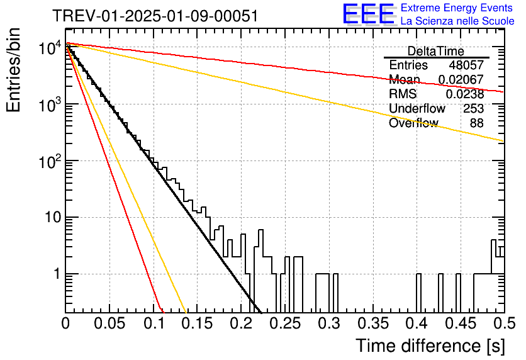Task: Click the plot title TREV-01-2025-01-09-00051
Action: pos(155,16)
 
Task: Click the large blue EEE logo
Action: pos(369,14)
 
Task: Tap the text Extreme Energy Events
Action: pos(457,8)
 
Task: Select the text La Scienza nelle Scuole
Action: pos(457,21)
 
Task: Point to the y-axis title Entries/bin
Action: pos(13,70)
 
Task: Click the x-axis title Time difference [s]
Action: pos(430,346)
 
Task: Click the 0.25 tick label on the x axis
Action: pos(286,323)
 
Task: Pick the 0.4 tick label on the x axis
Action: pos(418,323)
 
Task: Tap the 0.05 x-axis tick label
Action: pos(109,323)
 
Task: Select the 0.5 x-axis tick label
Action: pos(505,323)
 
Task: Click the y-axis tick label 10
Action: pos(53,217)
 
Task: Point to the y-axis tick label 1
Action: pos(57,274)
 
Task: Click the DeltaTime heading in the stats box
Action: pos(436,52)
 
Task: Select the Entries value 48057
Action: pos(466,65)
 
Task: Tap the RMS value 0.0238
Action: pos(465,94)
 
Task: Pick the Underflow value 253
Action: pos(473,109)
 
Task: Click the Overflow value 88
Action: pos(477,123)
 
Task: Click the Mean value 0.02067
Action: pos(461,80)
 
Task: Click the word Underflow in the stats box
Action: pos(417,109)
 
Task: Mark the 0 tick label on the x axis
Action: pos(65,323)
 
